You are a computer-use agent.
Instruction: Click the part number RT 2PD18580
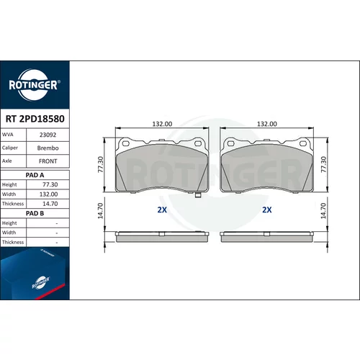pyautogui.click(x=35, y=119)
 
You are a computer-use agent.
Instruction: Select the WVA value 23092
pyautogui.click(x=48, y=135)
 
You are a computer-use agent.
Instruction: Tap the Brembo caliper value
pyautogui.click(x=48, y=148)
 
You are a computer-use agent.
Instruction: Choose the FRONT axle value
pyautogui.click(x=48, y=161)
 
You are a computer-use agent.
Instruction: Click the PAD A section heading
pyautogui.click(x=35, y=175)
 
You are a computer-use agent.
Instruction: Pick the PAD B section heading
pyautogui.click(x=35, y=213)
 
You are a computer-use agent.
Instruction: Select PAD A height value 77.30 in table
pyautogui.click(x=50, y=184)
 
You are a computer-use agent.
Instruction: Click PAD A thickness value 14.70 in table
pyautogui.click(x=50, y=204)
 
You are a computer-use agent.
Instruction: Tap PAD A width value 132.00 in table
pyautogui.click(x=48, y=194)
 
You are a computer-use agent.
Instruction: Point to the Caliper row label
pyautogui.click(x=10, y=148)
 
